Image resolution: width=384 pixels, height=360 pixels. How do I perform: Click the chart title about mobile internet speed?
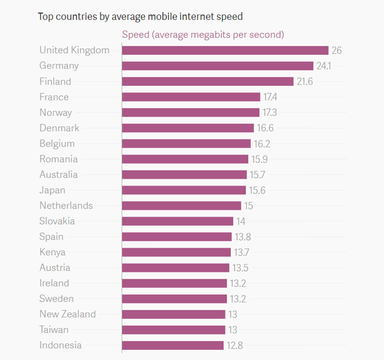click(140, 17)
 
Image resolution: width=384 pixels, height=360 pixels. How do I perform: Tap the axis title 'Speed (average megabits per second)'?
click(203, 35)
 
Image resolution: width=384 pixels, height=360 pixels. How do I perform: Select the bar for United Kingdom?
click(225, 50)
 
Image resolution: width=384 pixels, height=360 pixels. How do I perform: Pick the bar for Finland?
click(207, 81)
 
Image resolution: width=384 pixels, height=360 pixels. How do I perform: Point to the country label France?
click(54, 97)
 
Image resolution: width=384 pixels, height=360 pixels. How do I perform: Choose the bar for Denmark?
click(188, 128)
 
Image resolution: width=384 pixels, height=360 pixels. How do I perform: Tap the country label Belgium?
click(57, 143)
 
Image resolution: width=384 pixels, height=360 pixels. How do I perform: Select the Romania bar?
click(185, 159)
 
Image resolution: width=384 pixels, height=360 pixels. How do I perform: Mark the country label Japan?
click(52, 190)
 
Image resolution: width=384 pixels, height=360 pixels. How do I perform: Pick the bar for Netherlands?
click(181, 205)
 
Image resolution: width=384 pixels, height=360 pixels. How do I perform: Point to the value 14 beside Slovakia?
click(241, 221)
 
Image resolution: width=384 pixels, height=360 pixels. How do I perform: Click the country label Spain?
click(51, 236)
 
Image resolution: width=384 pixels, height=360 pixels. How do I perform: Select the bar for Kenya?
click(177, 252)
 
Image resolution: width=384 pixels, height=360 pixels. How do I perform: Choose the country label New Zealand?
click(67, 314)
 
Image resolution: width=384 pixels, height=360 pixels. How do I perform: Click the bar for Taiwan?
click(173, 330)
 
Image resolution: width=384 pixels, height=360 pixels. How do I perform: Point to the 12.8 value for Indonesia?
click(235, 345)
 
